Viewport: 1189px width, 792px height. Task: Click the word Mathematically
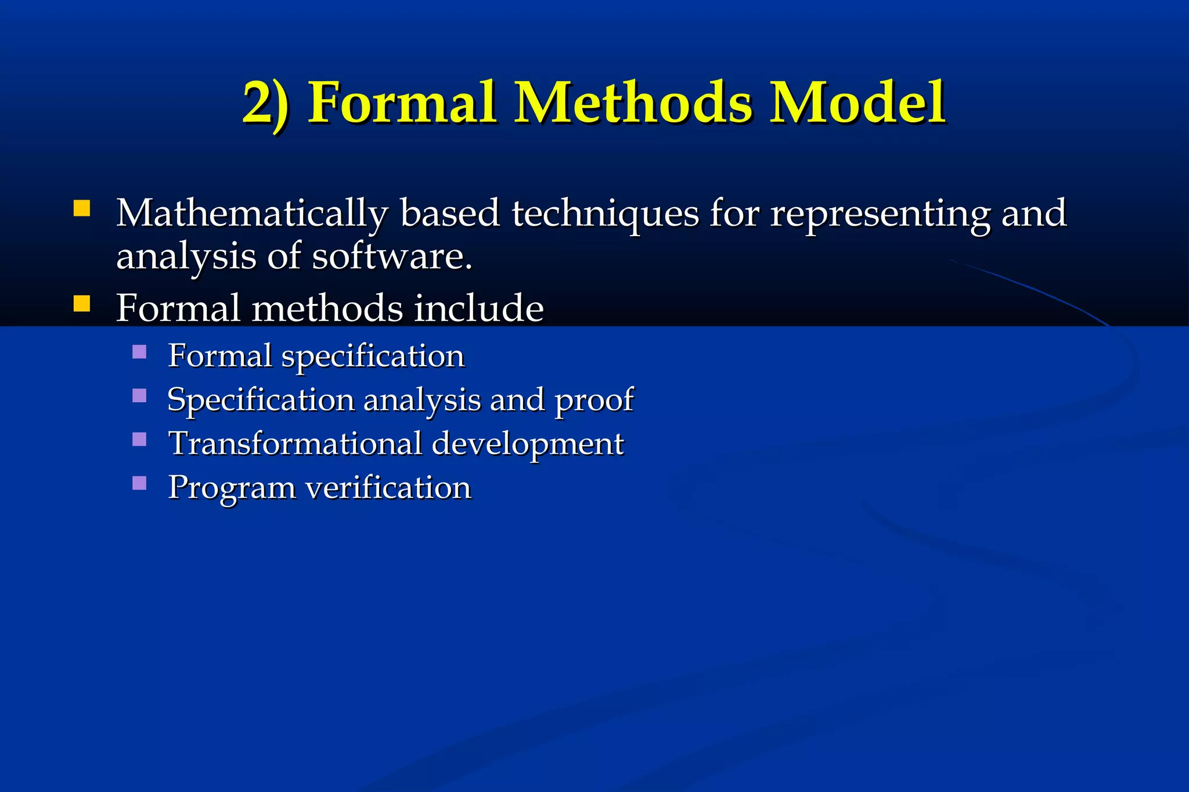252,214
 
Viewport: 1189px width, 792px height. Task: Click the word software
392,256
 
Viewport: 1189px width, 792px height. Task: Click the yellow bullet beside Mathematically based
82,208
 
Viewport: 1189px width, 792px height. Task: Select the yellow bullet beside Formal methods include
82,303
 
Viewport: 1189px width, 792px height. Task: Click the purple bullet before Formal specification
139,352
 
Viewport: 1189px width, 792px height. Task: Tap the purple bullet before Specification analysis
139,396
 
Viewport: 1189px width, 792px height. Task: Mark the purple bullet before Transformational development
139,439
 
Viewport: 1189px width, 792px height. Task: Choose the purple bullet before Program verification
139,483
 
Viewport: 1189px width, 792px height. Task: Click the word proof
594,401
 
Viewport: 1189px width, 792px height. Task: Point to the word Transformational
295,444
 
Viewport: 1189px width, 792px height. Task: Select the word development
528,445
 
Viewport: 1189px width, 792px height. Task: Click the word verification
388,487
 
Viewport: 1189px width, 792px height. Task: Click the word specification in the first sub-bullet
373,356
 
